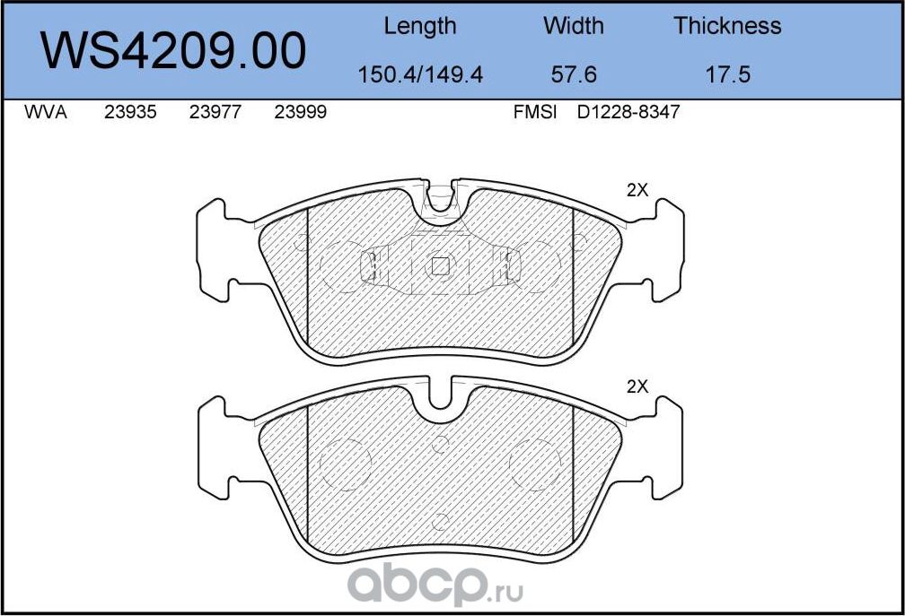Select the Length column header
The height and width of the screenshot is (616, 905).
(x=420, y=26)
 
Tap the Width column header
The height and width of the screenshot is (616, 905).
(x=574, y=26)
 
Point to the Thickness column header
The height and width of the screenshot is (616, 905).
(x=727, y=26)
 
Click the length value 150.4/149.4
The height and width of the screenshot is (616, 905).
(x=420, y=74)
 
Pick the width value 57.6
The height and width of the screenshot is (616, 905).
(x=574, y=74)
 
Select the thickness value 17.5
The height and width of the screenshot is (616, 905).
(x=727, y=74)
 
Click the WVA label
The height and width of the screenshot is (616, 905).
(x=45, y=114)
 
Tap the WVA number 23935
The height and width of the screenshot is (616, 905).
(x=131, y=114)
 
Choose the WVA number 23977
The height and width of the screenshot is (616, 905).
(x=215, y=114)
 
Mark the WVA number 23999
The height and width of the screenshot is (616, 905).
(x=299, y=114)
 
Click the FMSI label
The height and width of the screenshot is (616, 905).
(x=535, y=114)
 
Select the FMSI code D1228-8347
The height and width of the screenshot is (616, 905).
(x=628, y=114)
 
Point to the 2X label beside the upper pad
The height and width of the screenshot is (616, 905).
(x=637, y=190)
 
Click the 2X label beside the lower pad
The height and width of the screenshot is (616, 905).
(x=637, y=386)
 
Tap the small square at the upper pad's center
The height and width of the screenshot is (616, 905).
(x=440, y=265)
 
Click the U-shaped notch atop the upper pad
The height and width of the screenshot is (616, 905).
(x=440, y=199)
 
